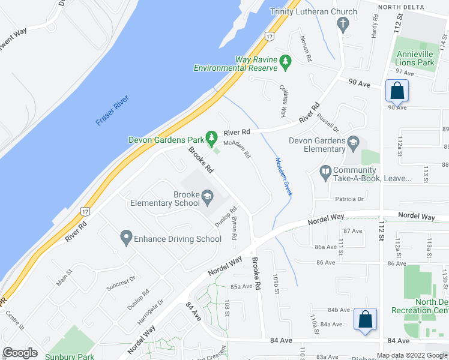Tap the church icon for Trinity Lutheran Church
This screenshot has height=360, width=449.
tap(343, 25)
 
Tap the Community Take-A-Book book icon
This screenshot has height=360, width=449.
tap(326, 173)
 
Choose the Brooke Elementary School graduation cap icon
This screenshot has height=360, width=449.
tap(207, 196)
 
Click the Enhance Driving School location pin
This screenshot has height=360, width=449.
tap(126, 238)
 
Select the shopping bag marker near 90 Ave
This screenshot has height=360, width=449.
tap(397, 91)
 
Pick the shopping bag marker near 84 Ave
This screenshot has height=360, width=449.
tap(364, 319)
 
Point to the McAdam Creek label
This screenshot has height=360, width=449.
tap(283, 176)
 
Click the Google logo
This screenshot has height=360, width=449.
tap(20, 352)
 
